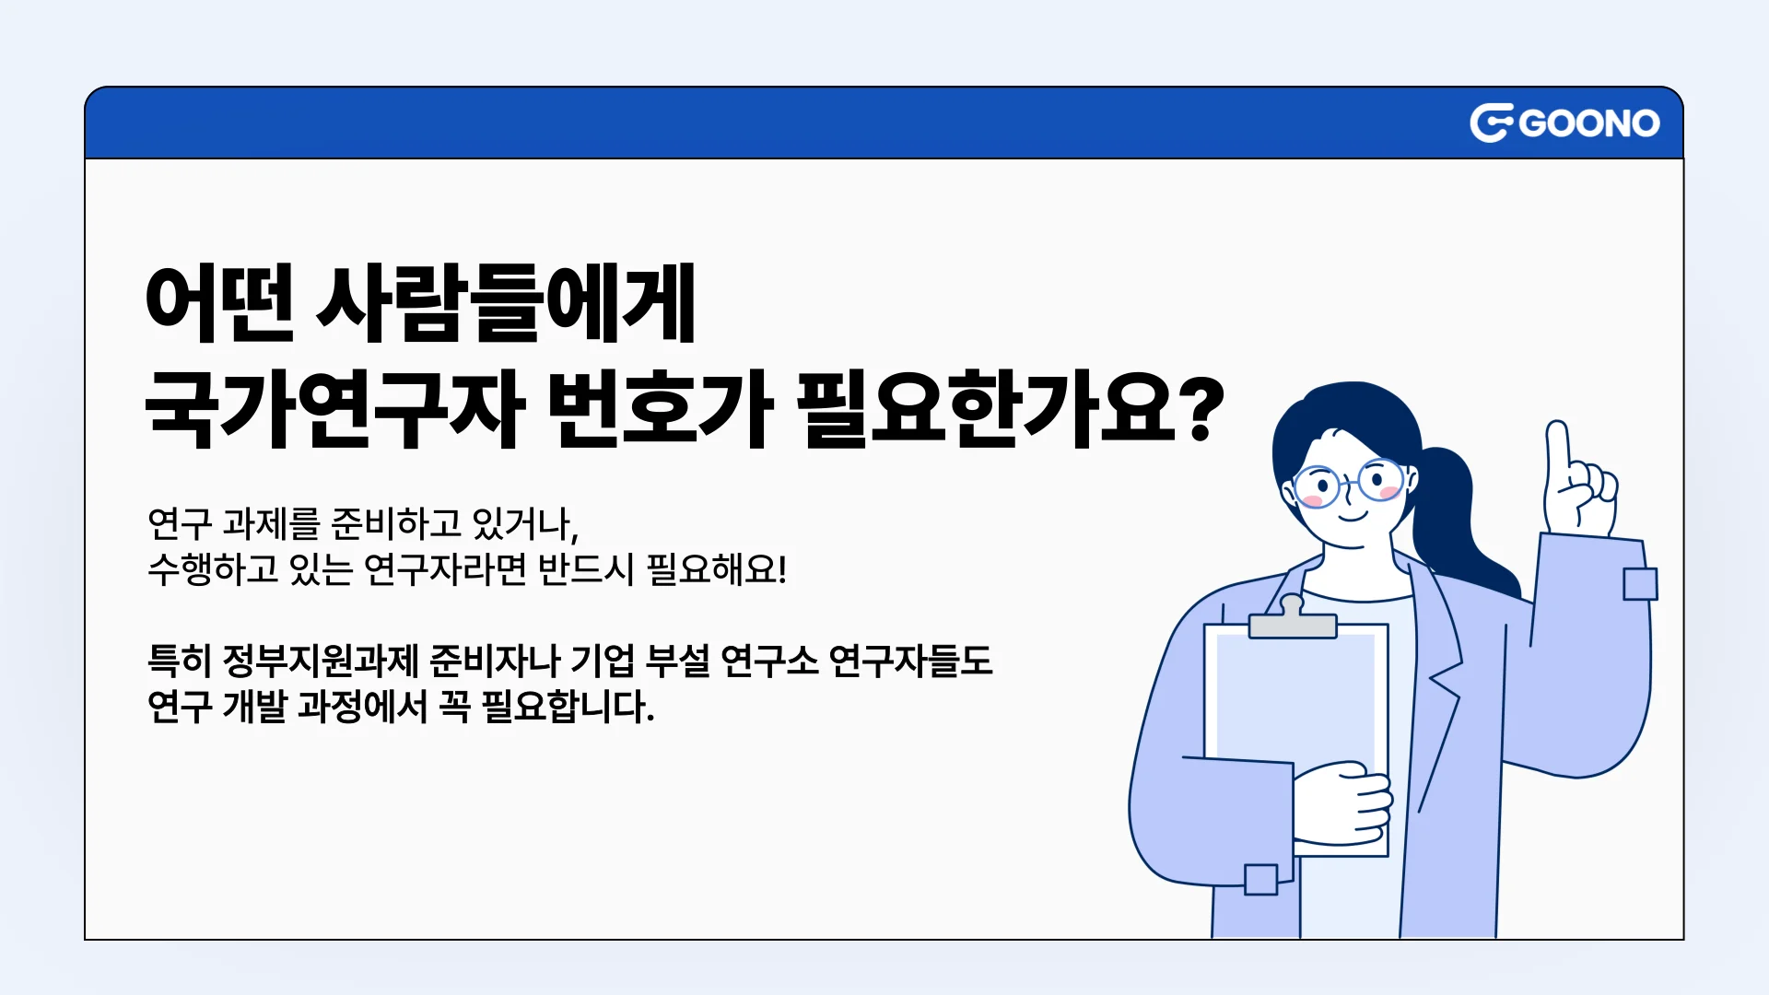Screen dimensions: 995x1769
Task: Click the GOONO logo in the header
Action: pyautogui.click(x=1564, y=123)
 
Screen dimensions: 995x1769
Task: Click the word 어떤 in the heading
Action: pyautogui.click(x=219, y=303)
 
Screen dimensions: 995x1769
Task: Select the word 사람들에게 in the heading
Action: pyautogui.click(x=506, y=303)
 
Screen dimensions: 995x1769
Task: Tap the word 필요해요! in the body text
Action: pyautogui.click(x=717, y=569)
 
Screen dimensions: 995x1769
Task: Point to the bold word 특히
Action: pyautogui.click(x=180, y=661)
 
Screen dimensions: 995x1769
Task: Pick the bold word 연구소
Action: pyautogui.click(x=769, y=661)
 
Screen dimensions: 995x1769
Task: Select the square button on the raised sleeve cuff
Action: pyautogui.click(x=1640, y=584)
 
